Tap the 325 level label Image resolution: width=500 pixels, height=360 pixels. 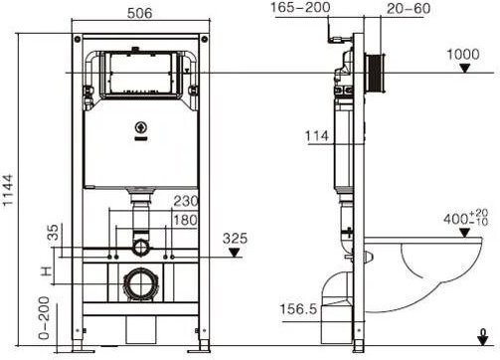(235, 239)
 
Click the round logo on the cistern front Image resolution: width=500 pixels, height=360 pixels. (138, 126)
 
